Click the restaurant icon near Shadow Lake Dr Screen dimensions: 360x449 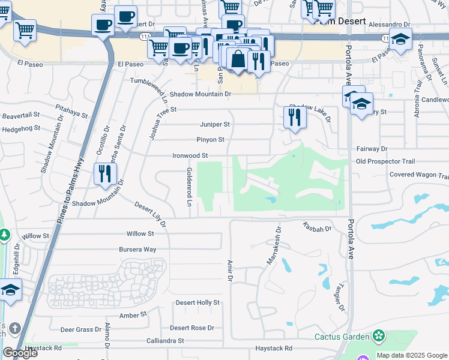pyautogui.click(x=294, y=117)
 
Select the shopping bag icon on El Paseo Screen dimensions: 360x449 pyautogui.click(x=238, y=59)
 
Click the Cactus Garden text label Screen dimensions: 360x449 pyautogui.click(x=342, y=336)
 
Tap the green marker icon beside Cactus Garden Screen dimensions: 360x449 pyautogui.click(x=378, y=335)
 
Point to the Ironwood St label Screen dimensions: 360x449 pyautogui.click(x=190, y=155)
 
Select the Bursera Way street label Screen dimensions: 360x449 pyautogui.click(x=141, y=249)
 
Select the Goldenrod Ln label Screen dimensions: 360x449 pyautogui.click(x=188, y=188)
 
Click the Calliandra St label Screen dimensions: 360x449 pyautogui.click(x=165, y=341)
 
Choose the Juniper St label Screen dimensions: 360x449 pyautogui.click(x=214, y=124)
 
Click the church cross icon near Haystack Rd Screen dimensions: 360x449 pyautogui.click(x=14, y=329)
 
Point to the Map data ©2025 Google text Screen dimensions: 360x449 pyautogui.click(x=411, y=355)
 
